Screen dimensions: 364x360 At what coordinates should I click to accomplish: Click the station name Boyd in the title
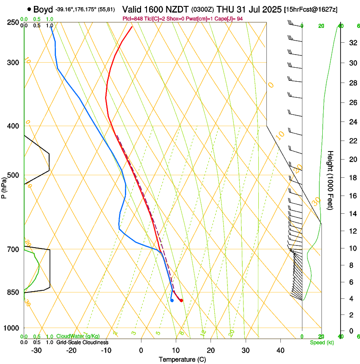coord(43,8)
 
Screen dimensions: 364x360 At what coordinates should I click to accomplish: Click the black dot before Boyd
coord(29,8)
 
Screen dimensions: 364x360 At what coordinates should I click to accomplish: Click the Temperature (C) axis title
coord(182,359)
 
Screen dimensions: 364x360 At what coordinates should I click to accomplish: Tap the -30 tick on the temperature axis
coord(36,350)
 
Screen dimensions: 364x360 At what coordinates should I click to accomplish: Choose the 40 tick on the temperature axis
coord(280,350)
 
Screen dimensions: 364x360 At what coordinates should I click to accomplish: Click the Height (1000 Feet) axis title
coord(331,180)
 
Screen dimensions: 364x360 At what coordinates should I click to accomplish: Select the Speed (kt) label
coord(321,342)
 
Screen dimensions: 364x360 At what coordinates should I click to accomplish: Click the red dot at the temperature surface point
coord(181,301)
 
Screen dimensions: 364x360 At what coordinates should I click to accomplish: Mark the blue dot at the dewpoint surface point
coord(172,301)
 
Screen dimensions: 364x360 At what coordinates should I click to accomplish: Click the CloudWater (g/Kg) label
coord(78,336)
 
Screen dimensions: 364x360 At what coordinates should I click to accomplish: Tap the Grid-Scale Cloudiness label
coord(82,342)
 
